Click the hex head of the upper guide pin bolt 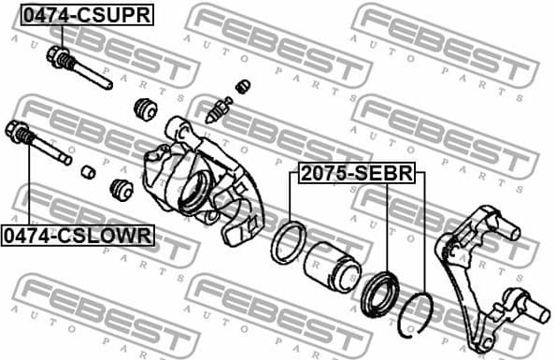click(59, 56)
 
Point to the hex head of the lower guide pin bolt click(19, 130)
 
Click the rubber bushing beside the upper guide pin click(146, 107)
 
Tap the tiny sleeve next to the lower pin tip click(88, 172)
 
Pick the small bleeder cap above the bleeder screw click(241, 87)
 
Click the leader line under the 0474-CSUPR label click(53, 36)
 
